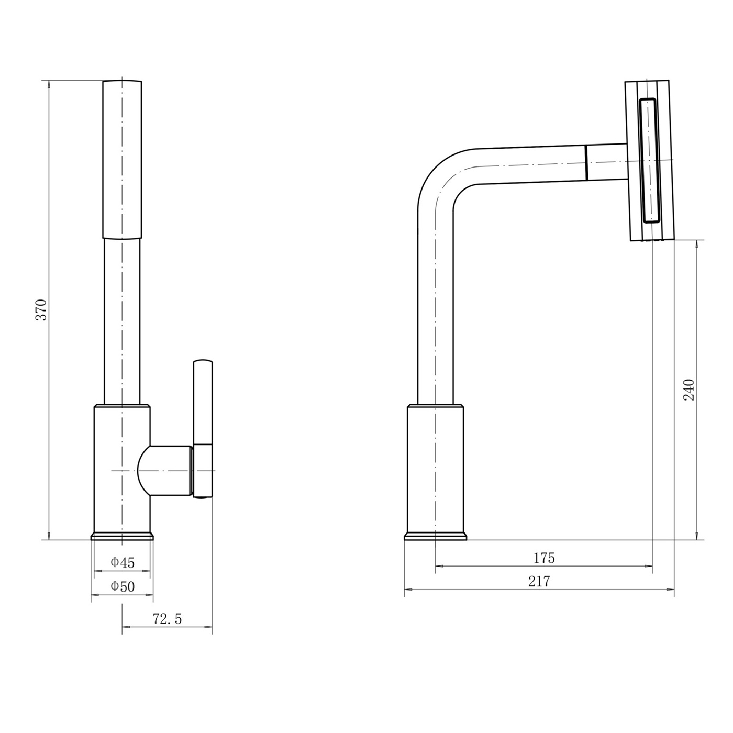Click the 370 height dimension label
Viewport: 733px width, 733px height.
(41, 309)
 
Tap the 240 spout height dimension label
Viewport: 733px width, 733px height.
(689, 389)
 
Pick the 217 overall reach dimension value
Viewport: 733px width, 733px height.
(539, 581)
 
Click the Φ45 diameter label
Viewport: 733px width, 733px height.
(123, 562)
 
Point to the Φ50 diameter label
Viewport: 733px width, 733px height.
(123, 586)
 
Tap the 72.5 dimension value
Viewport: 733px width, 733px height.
(167, 619)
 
